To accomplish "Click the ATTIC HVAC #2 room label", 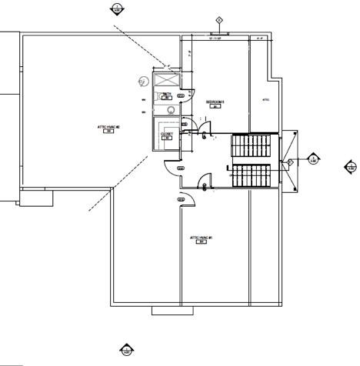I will click(105, 128).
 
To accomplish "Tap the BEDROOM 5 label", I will click(215, 103).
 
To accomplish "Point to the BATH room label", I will click(166, 95).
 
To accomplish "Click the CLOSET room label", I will click(166, 135).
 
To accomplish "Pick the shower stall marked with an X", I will click(165, 80).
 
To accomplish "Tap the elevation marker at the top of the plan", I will click(116, 8).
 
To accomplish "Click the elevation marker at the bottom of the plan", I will click(127, 351).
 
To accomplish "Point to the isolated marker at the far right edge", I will click(351, 167).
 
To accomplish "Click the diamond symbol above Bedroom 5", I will click(219, 19).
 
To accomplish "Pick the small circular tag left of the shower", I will click(143, 81).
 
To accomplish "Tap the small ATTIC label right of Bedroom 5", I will click(266, 100).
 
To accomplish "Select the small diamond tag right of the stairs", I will click(291, 162).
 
